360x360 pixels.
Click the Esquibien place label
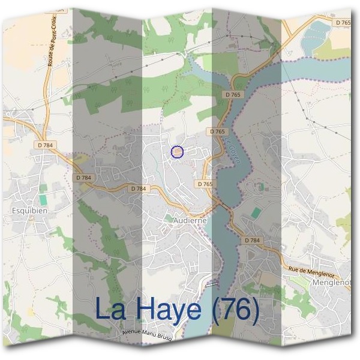click(29, 211)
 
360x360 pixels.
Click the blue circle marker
click(177, 152)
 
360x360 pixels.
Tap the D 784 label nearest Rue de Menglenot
click(252, 240)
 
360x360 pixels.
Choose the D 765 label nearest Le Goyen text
click(218, 131)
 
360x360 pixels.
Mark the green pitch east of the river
click(256, 212)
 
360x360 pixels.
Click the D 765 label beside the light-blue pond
click(343, 22)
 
